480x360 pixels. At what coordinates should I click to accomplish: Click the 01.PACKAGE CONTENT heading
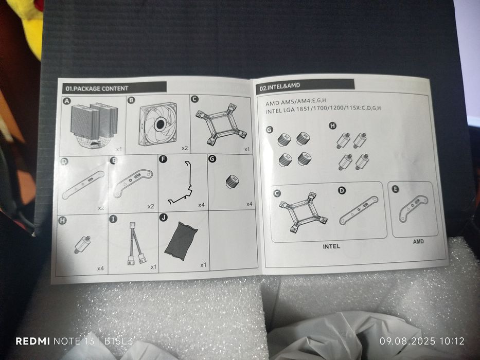97,89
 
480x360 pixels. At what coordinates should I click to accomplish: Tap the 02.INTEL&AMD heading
279,86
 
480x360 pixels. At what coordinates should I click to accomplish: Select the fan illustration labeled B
158,123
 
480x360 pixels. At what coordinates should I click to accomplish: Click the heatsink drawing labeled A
94,125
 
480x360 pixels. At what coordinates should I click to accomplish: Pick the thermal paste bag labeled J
181,241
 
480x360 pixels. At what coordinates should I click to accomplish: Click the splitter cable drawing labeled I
136,243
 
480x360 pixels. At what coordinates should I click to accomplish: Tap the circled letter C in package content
194,99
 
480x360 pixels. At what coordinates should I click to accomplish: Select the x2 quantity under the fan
185,148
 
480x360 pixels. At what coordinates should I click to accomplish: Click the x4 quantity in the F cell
201,205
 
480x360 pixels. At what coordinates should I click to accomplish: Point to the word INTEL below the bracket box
331,246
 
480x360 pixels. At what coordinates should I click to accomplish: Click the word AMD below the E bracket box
418,241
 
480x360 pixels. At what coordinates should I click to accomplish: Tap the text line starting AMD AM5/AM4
296,101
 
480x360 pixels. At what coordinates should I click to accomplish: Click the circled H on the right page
332,125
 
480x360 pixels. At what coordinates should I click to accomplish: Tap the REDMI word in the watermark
33,341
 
